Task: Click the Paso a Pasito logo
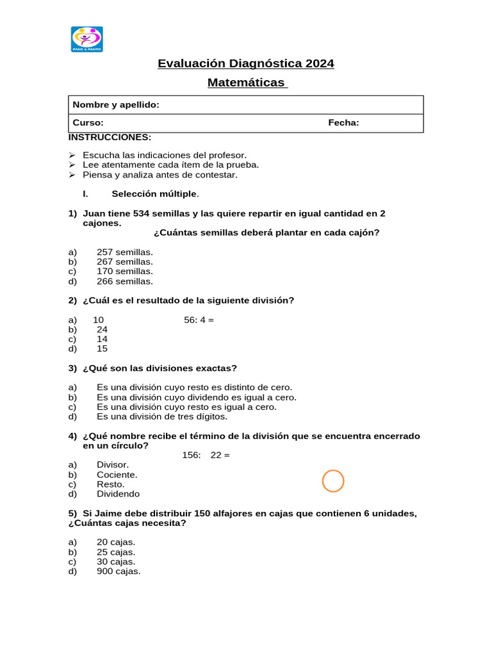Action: click(x=86, y=39)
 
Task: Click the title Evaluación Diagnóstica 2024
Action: click(x=246, y=63)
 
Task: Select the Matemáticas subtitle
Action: click(x=247, y=83)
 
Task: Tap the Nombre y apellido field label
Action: click(x=116, y=105)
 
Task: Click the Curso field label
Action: click(x=88, y=123)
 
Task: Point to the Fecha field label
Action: click(x=343, y=123)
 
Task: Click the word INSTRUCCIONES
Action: click(x=110, y=137)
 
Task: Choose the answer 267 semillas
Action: click(x=125, y=261)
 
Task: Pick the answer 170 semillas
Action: click(x=125, y=272)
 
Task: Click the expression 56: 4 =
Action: click(x=199, y=320)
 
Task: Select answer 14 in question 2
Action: click(x=102, y=340)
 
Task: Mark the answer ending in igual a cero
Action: click(x=186, y=407)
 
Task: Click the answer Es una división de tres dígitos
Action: click(x=162, y=416)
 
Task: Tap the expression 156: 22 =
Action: click(x=202, y=455)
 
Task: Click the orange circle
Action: click(x=333, y=480)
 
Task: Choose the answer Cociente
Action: click(x=117, y=475)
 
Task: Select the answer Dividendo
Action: click(x=118, y=494)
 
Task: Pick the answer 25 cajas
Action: click(x=116, y=552)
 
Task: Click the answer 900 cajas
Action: click(x=119, y=571)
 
